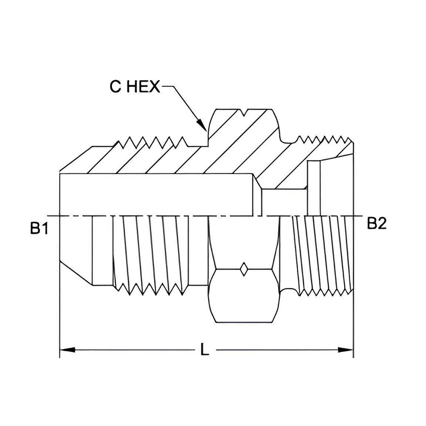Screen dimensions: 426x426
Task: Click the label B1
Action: coord(38,229)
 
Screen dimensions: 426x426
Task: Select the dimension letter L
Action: coord(205,350)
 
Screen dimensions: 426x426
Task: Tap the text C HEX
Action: coord(135,87)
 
